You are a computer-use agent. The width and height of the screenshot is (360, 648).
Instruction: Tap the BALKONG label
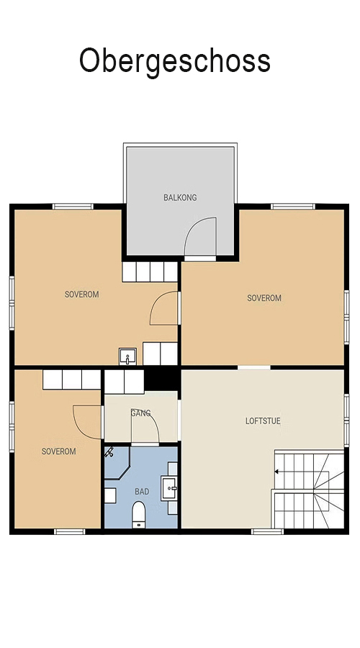click(x=180, y=197)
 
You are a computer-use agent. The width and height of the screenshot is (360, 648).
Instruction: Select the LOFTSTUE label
click(x=263, y=421)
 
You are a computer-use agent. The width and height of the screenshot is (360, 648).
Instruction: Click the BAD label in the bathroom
click(x=142, y=492)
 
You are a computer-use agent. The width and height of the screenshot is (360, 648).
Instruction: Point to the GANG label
click(x=141, y=413)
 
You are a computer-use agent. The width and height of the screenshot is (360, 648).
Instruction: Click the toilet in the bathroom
click(x=138, y=515)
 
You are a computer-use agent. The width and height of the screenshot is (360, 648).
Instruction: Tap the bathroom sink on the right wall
click(x=169, y=488)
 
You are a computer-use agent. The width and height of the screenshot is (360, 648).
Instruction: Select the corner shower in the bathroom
click(x=117, y=463)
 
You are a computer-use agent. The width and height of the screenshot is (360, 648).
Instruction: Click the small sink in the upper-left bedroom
click(x=127, y=356)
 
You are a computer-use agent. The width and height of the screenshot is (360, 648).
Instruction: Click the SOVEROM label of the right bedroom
click(x=264, y=298)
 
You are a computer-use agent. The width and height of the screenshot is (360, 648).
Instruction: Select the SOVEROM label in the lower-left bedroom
click(x=59, y=451)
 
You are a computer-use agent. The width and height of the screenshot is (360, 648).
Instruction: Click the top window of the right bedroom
click(x=293, y=206)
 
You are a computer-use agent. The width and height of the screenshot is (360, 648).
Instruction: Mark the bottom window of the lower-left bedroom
click(x=69, y=531)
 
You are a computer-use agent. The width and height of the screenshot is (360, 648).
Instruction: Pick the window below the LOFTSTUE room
click(x=267, y=531)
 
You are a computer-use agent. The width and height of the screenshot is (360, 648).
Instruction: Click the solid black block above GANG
click(x=162, y=379)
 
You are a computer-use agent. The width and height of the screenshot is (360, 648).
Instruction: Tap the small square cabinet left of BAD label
click(x=110, y=495)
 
